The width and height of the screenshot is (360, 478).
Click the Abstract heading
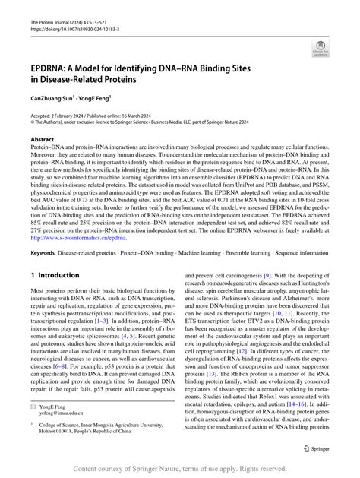pyautogui.click(x=43, y=140)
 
